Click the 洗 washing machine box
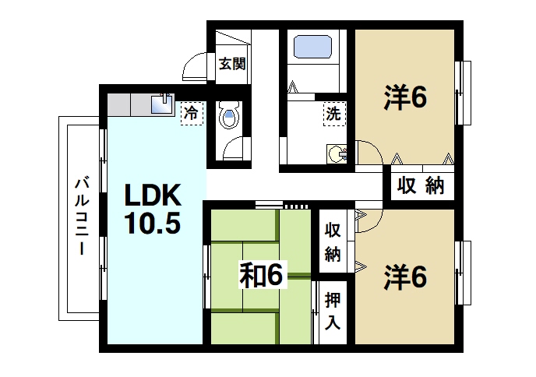click(x=333, y=113)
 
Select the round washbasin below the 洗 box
click(x=337, y=153)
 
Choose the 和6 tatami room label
click(x=263, y=275)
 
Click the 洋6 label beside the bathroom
click(x=404, y=98)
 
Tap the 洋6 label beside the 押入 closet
click(x=404, y=277)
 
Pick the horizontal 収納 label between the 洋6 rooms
click(x=421, y=186)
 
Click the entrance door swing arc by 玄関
click(x=195, y=70)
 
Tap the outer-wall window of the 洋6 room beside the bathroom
click(x=464, y=91)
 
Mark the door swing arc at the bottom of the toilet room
click(x=231, y=150)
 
